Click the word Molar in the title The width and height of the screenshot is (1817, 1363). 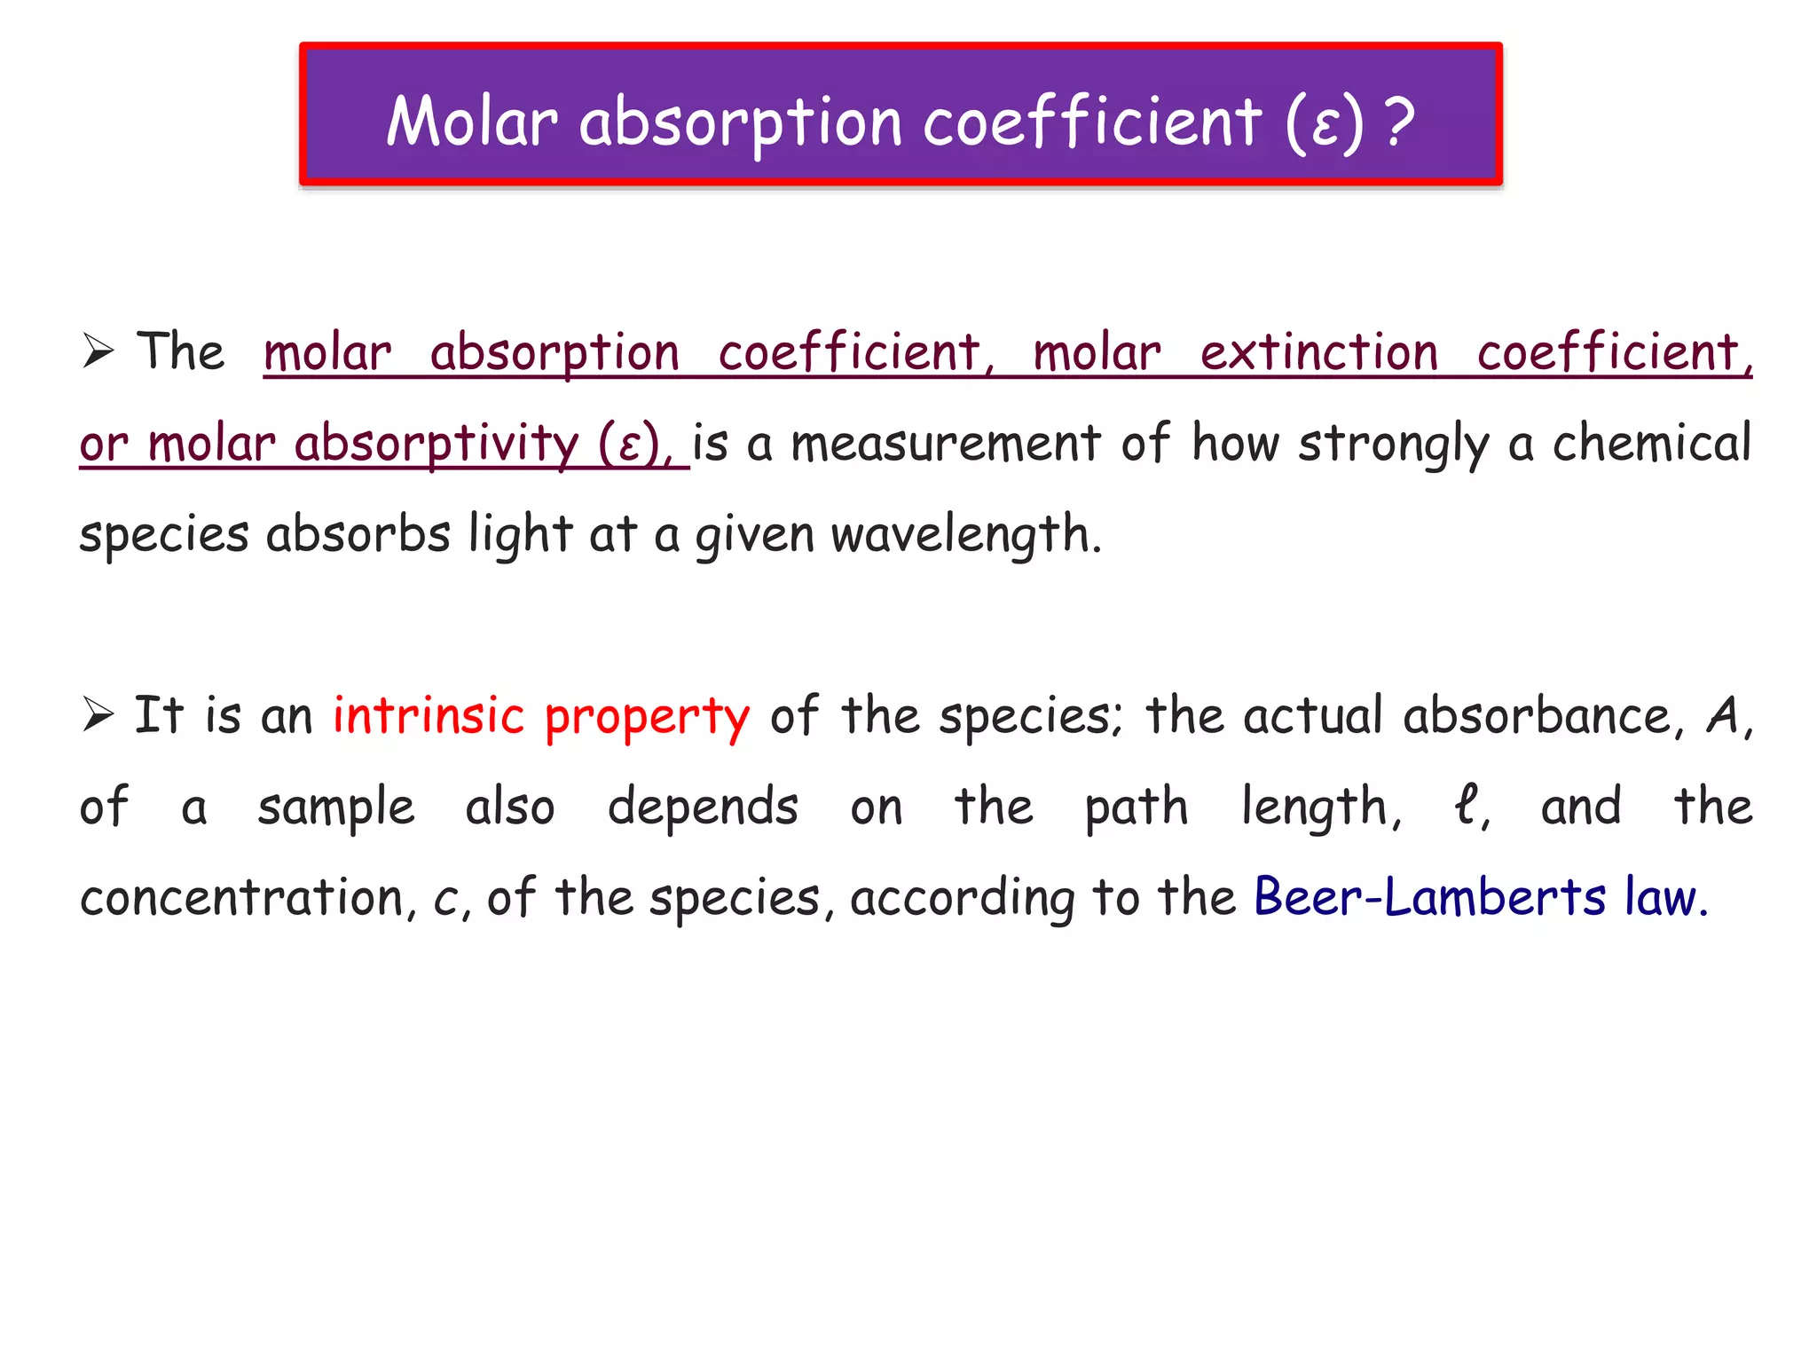click(472, 122)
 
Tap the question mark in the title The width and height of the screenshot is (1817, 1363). click(1399, 122)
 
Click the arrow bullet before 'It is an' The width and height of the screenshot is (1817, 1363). click(98, 714)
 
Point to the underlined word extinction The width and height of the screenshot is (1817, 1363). click(1318, 352)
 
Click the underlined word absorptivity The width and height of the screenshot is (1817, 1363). click(436, 444)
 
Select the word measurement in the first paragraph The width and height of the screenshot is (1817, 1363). click(945, 444)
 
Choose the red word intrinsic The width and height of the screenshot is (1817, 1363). click(429, 715)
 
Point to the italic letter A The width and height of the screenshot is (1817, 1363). click(1723, 715)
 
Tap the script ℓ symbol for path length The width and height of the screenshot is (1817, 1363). click(1467, 806)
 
